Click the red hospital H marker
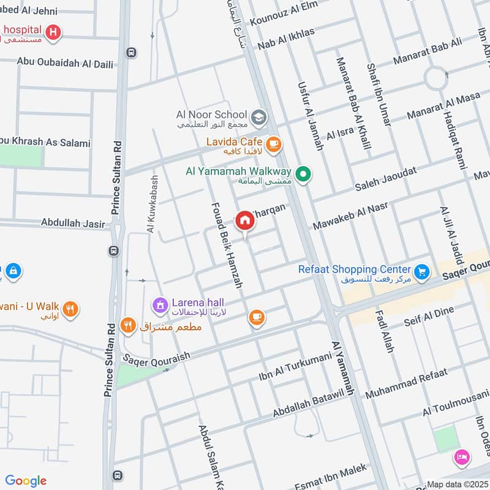(54, 32)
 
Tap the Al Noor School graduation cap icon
(259, 116)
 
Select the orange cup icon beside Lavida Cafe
(273, 144)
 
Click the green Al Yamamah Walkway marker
(302, 175)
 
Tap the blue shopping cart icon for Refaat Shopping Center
(421, 271)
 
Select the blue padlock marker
(13, 270)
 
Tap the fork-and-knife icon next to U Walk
(71, 309)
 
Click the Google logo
(26, 481)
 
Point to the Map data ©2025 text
(456, 484)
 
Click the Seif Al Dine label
(429, 317)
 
